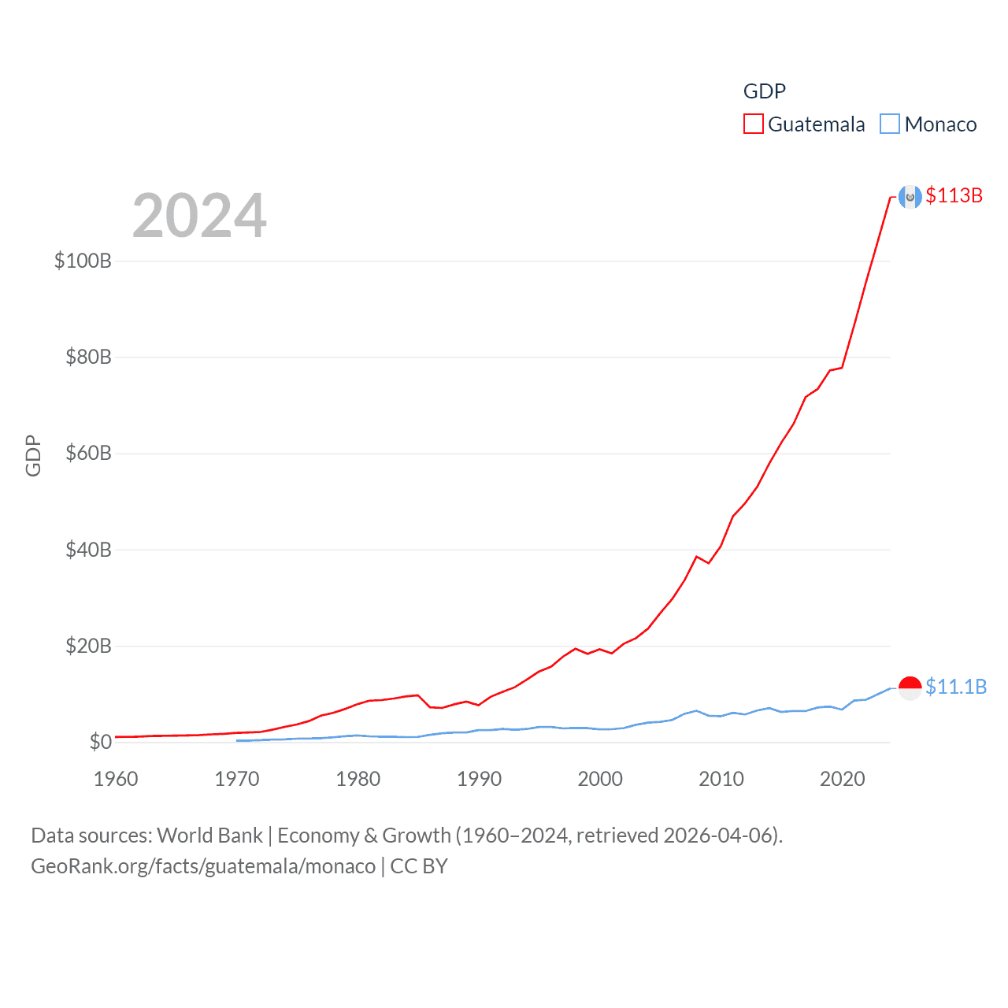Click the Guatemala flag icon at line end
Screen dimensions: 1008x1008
(x=910, y=197)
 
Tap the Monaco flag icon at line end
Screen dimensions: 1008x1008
(x=910, y=687)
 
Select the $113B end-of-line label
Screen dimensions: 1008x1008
(x=954, y=195)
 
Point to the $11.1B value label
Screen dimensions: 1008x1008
(x=955, y=687)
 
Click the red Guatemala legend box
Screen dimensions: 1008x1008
(x=753, y=124)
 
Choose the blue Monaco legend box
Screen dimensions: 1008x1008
(x=889, y=124)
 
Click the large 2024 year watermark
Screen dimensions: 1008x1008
(x=199, y=215)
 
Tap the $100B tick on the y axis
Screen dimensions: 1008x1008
(x=83, y=261)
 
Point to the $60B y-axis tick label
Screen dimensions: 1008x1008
(x=88, y=453)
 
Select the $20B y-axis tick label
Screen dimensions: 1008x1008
(x=88, y=646)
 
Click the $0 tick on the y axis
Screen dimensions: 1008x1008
(x=100, y=742)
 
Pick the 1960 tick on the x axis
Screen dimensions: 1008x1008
(x=116, y=779)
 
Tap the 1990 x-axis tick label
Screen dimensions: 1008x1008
(x=479, y=779)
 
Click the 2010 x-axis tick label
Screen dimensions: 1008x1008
(x=721, y=779)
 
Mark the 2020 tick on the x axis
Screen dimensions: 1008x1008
(x=843, y=779)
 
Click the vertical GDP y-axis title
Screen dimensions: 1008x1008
(x=33, y=455)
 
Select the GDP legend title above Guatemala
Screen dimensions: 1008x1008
(x=764, y=91)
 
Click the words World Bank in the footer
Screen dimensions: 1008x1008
(x=209, y=836)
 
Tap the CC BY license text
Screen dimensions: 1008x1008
(x=419, y=866)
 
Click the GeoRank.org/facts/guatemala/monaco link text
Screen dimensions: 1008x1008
(x=203, y=866)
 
